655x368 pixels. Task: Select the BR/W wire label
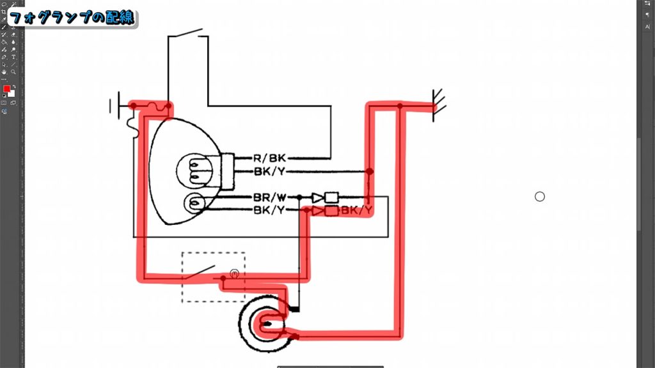click(x=269, y=197)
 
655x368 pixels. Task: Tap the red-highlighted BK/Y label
click(x=356, y=210)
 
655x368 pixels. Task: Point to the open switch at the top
click(x=191, y=33)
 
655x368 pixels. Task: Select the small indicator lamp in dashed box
click(x=235, y=274)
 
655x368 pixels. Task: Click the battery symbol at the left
click(x=114, y=105)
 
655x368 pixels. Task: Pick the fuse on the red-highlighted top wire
click(x=154, y=105)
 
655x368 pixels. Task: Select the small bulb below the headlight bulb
click(x=194, y=204)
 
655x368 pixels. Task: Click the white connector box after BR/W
click(x=331, y=197)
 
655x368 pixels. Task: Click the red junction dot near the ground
click(x=400, y=105)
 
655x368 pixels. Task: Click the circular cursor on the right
click(x=539, y=197)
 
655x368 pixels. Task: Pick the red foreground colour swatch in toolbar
click(x=6, y=88)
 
